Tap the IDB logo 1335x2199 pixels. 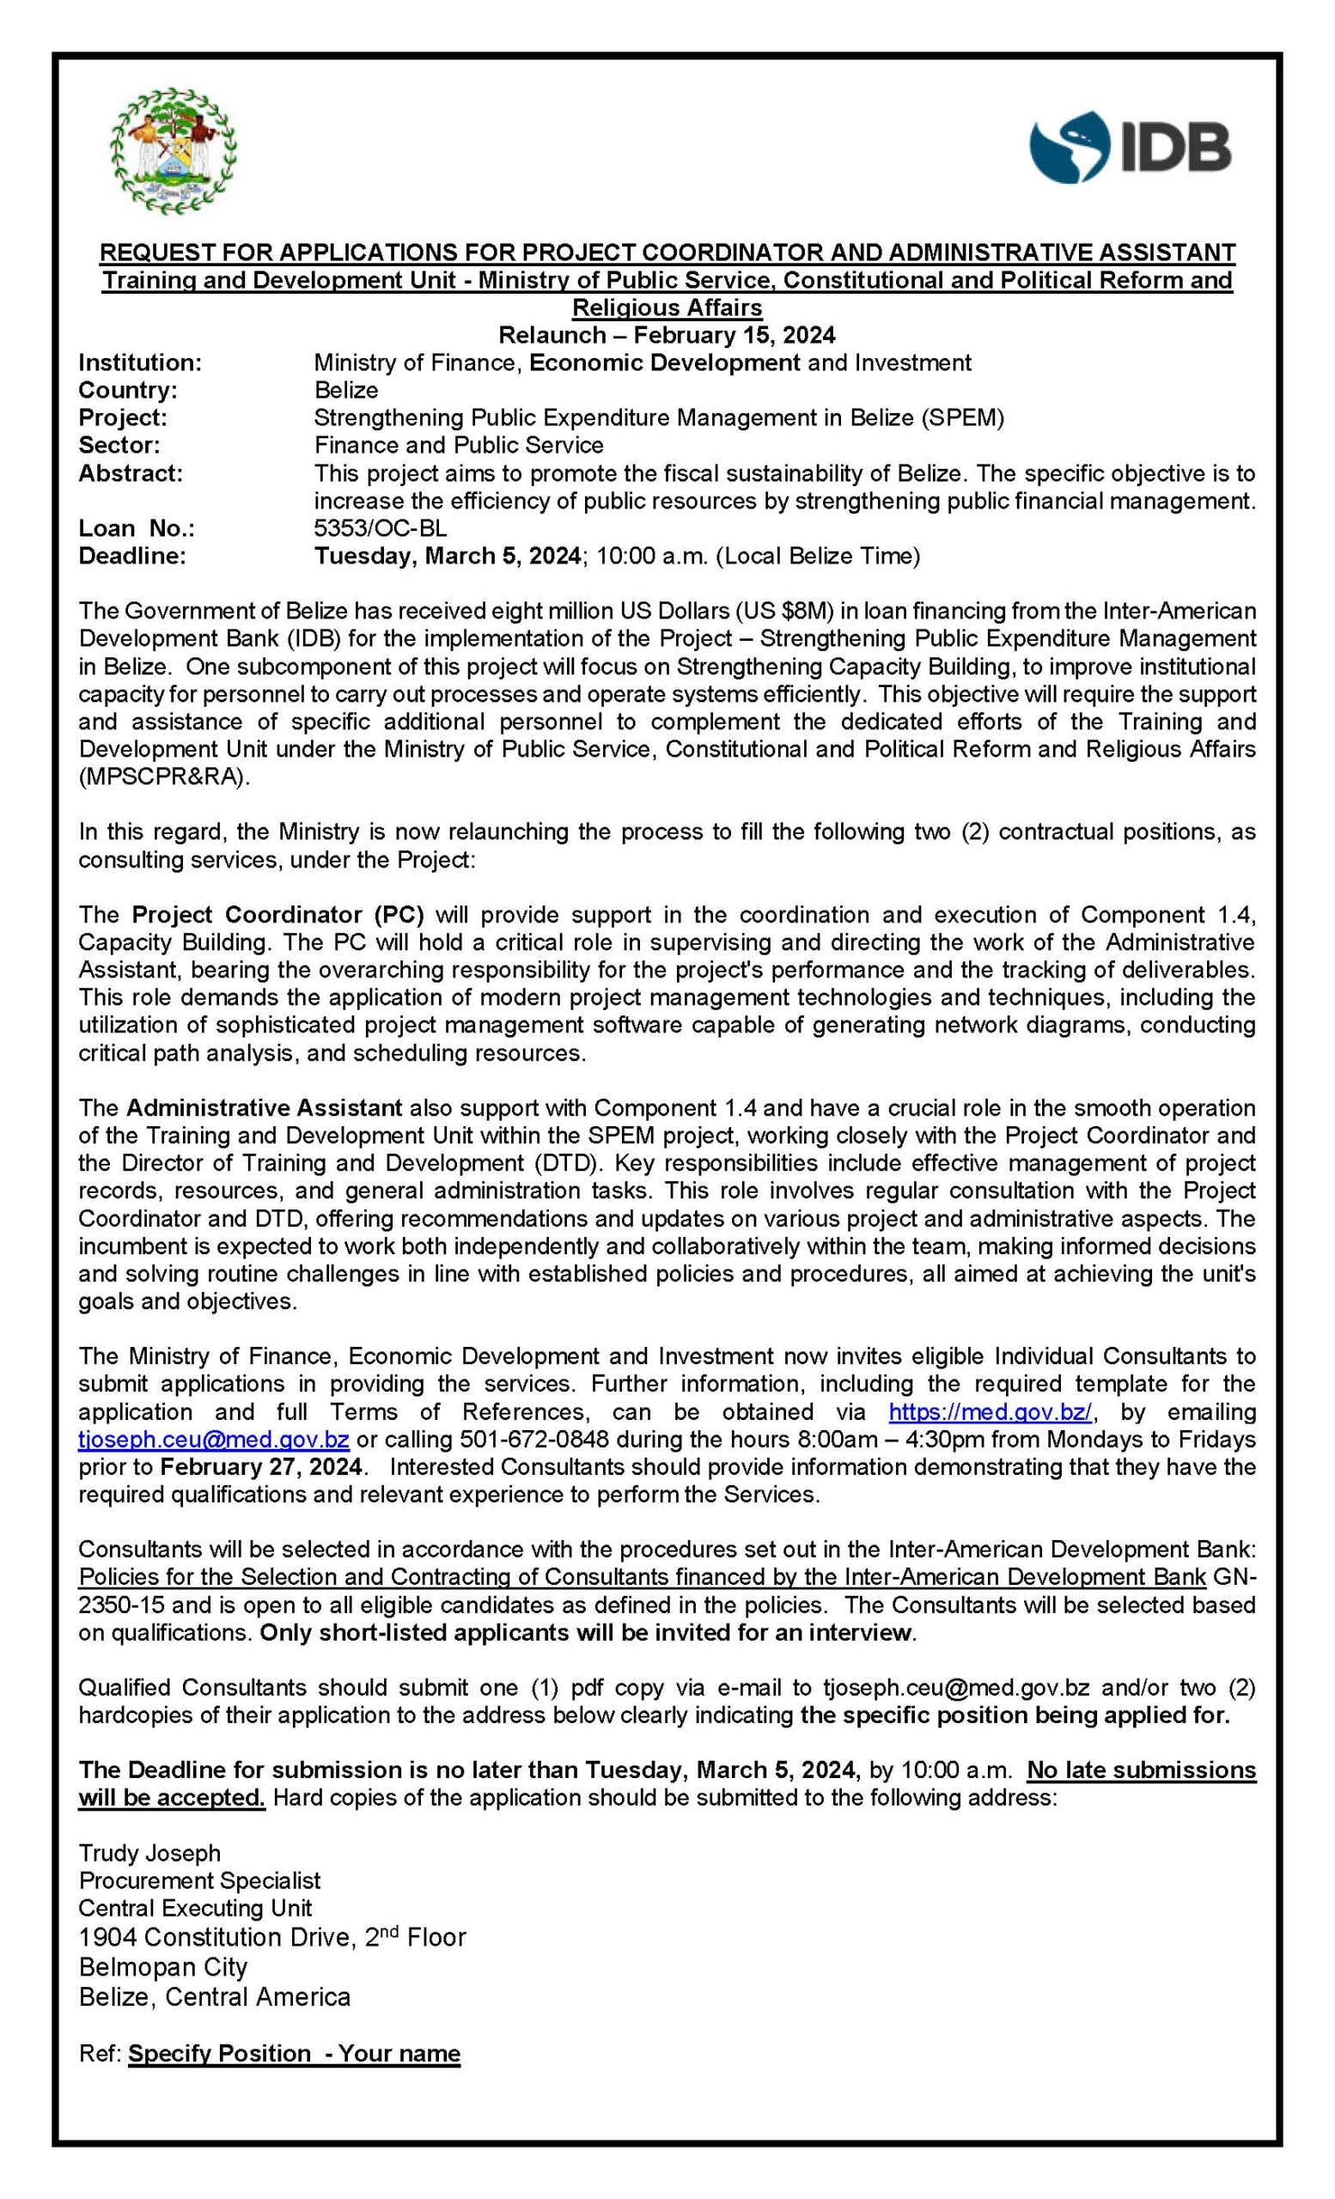point(1130,147)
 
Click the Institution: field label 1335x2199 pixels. point(140,362)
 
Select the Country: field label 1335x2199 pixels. point(128,390)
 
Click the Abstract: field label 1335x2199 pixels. point(131,473)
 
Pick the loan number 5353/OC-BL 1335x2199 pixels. point(381,528)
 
